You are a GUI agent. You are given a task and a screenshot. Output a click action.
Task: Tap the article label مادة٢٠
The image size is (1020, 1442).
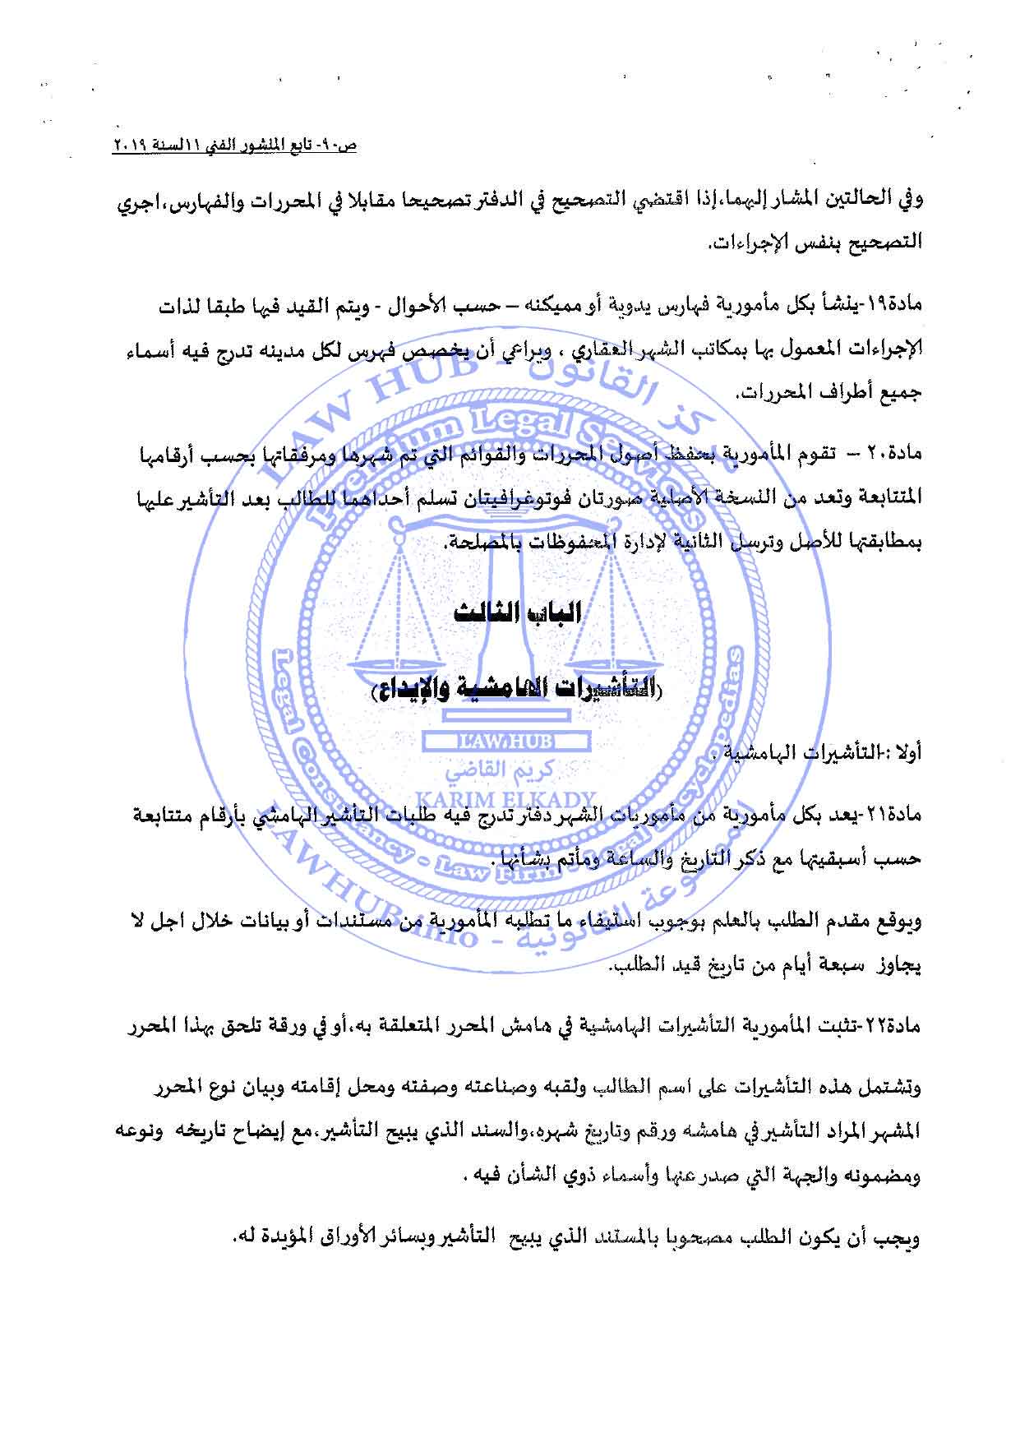click(x=898, y=454)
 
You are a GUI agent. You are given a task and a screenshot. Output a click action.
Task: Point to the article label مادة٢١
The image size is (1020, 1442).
click(x=898, y=816)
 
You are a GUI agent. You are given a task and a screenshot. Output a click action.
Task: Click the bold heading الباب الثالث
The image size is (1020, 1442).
click(x=517, y=612)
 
